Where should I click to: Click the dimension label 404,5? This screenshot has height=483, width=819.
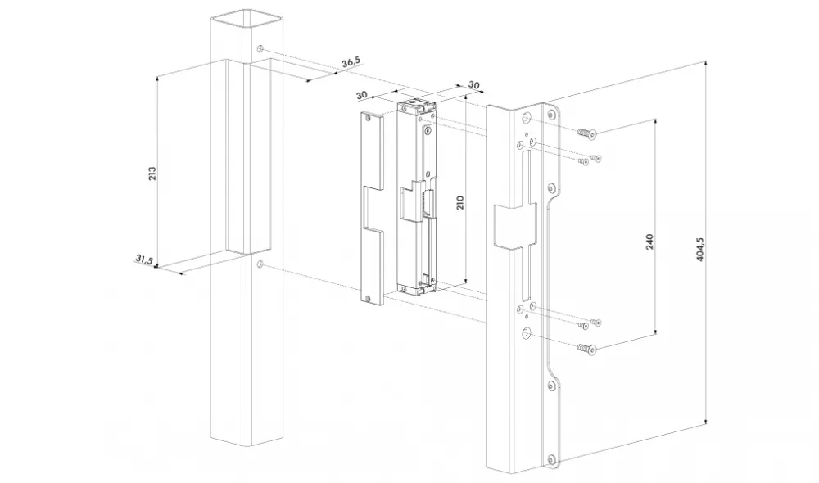701,250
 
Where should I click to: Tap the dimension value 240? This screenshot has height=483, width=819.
649,241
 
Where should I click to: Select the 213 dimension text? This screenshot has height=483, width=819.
152,174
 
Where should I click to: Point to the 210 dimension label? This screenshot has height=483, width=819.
460,202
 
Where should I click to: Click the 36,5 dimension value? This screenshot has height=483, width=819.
351,63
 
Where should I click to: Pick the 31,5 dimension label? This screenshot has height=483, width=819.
144,259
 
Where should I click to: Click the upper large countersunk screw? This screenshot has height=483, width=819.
587,133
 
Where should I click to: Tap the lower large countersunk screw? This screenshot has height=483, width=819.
587,348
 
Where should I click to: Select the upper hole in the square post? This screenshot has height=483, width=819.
260,49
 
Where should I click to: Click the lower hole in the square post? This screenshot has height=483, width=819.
260,264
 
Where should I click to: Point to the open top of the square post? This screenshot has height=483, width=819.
247,20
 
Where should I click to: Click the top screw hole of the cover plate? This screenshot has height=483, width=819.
369,118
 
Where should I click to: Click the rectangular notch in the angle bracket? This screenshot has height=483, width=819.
515,224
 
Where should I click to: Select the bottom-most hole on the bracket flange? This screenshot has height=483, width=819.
550,459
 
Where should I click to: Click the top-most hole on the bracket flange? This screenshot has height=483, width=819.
550,113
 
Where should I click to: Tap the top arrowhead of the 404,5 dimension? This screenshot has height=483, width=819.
706,64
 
